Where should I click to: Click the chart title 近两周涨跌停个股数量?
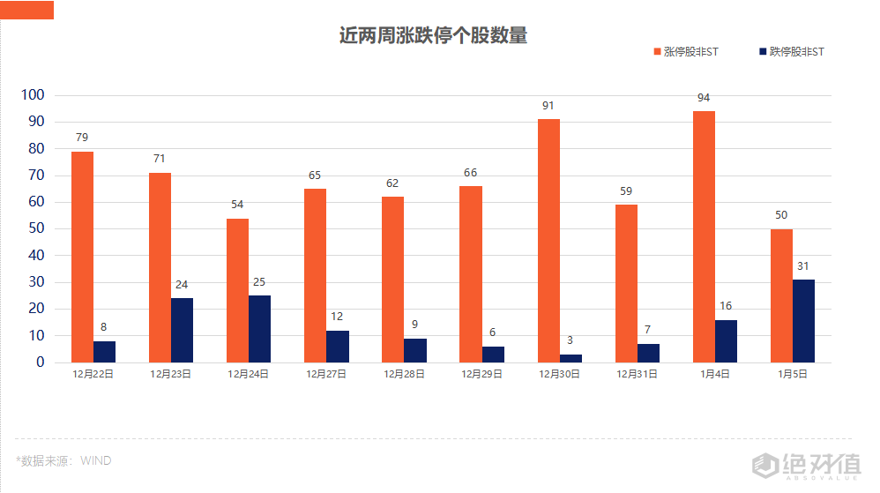(x=433, y=36)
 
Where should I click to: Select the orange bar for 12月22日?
(x=82, y=257)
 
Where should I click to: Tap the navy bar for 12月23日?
(x=182, y=330)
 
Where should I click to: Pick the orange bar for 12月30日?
(x=548, y=241)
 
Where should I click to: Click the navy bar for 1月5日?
(x=803, y=320)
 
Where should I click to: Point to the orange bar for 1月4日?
(x=704, y=236)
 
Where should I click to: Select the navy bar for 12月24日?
(x=259, y=328)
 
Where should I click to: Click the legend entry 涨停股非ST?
(x=685, y=52)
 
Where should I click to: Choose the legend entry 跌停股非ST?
(x=791, y=52)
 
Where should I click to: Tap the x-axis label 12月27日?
(x=326, y=374)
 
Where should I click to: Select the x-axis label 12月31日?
(x=638, y=374)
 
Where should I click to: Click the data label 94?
(x=704, y=98)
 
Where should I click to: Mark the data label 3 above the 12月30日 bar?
(x=570, y=340)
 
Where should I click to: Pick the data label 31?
(x=803, y=266)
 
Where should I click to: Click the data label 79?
(x=82, y=138)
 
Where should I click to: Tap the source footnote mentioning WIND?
(x=63, y=460)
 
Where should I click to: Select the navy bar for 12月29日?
(x=493, y=354)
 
